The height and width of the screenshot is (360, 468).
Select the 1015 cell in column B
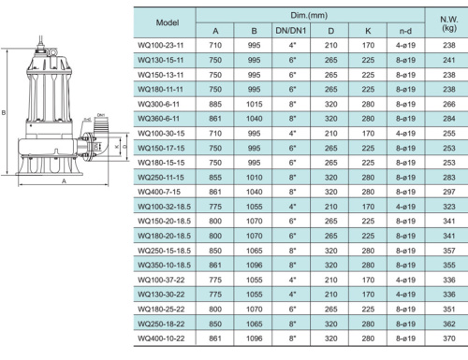(x=252, y=106)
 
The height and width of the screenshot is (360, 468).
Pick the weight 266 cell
(x=449, y=106)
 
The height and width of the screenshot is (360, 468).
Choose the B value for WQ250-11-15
(x=252, y=175)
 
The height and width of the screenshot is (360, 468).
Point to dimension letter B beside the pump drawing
(x=6, y=110)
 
